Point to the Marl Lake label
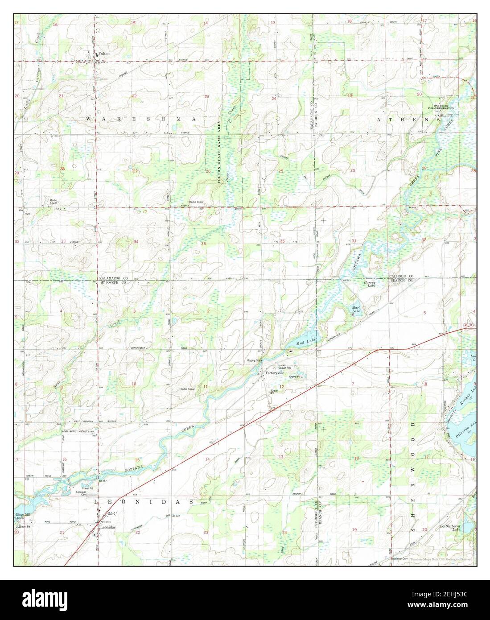click(x=356, y=310)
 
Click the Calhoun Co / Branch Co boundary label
click(x=400, y=279)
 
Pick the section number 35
click(x=204, y=244)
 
